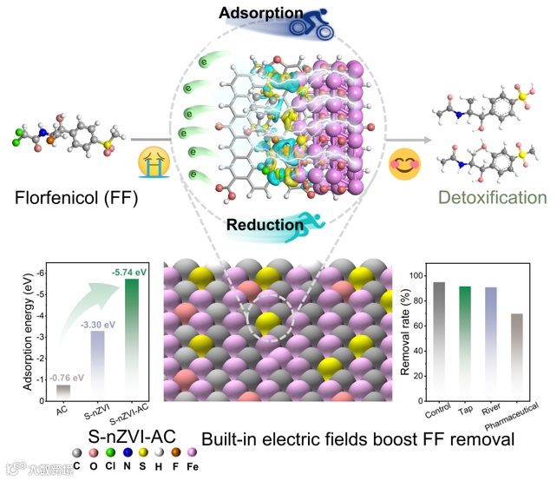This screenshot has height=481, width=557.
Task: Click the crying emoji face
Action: click(151, 161)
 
